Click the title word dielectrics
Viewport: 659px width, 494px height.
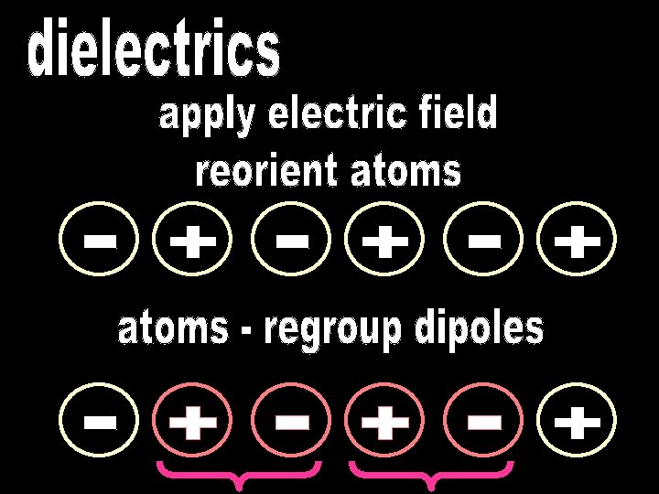[154, 51]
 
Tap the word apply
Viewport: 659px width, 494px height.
[206, 117]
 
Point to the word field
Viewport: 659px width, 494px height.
[463, 115]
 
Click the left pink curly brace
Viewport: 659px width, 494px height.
[240, 475]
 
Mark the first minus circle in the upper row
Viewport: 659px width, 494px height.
[101, 242]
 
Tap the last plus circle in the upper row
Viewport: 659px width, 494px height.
[577, 242]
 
